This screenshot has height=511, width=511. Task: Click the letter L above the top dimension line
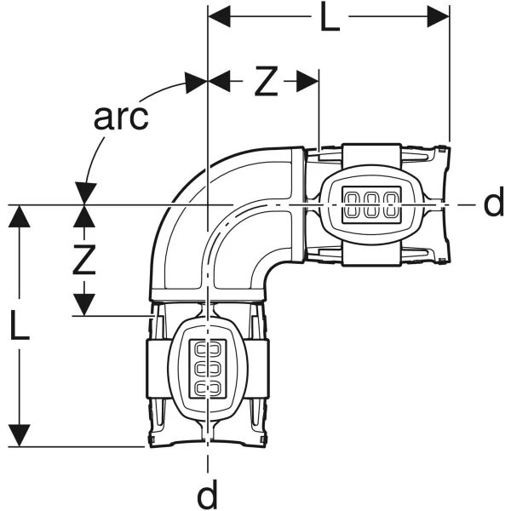pos(330,18)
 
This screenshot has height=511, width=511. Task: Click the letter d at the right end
pos(494,204)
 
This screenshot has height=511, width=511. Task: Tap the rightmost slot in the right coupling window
pos(390,204)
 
